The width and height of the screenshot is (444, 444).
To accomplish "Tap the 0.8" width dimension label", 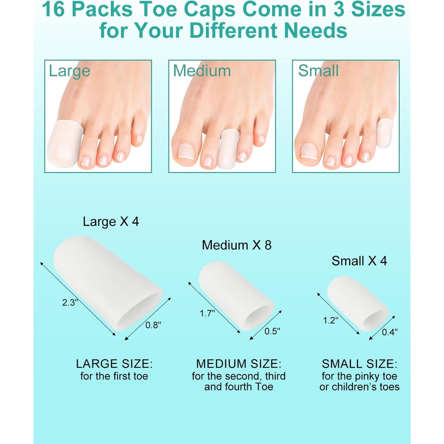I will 153,325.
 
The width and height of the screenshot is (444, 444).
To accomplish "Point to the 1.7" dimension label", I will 207,313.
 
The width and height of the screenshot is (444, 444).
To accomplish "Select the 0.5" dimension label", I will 272,331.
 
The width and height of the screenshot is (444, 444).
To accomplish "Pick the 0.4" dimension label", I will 390,332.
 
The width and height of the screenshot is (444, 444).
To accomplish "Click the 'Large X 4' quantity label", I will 111,222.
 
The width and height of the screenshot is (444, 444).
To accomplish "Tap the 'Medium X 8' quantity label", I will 236,245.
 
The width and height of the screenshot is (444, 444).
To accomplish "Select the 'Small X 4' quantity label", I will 359,261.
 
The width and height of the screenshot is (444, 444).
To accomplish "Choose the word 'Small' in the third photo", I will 318,71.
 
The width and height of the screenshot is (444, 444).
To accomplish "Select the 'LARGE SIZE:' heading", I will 114,364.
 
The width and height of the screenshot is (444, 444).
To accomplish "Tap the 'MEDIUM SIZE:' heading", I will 239,364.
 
